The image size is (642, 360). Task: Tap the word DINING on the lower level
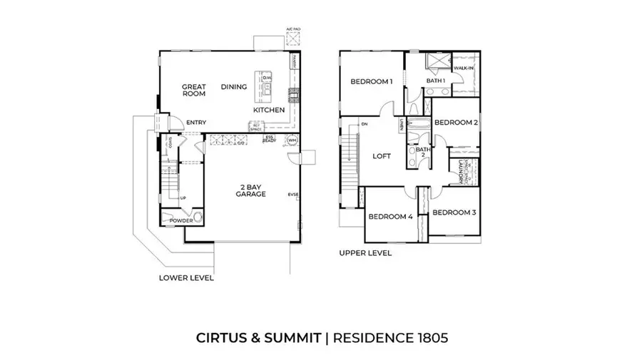[234, 87]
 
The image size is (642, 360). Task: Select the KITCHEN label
[269, 110]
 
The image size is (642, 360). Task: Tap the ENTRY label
[196, 123]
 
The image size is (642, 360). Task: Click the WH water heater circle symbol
[292, 140]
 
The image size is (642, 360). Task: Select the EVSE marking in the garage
[292, 195]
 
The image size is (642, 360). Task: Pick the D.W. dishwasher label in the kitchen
[267, 78]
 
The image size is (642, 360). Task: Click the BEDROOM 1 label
[372, 82]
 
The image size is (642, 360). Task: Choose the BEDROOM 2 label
[455, 122]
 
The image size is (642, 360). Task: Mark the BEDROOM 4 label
[391, 217]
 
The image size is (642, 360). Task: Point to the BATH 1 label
[436, 81]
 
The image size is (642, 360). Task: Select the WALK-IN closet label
[464, 68]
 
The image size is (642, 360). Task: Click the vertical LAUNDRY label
[462, 172]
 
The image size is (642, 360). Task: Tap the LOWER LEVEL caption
[186, 278]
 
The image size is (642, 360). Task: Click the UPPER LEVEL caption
[365, 253]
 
